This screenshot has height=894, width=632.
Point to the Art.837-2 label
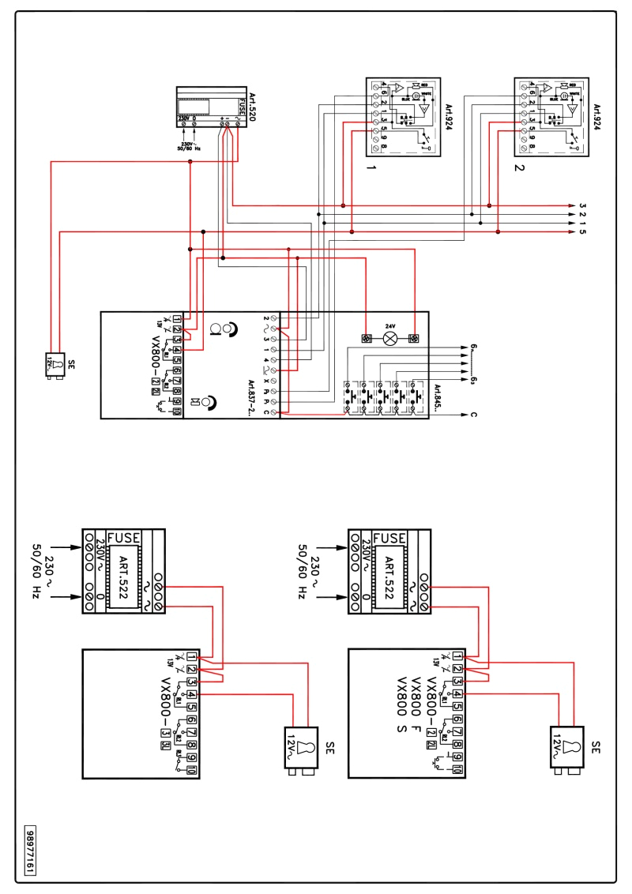pyautogui.click(x=251, y=395)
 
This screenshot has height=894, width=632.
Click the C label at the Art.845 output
pyautogui.click(x=472, y=414)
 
